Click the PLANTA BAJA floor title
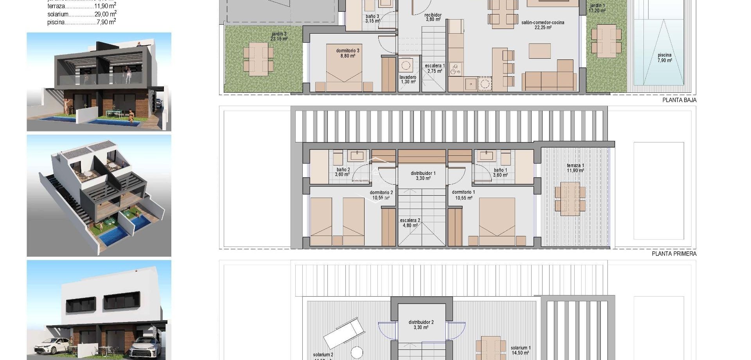coord(679,100)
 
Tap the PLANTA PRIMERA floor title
coord(674,254)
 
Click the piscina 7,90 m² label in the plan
coord(665,58)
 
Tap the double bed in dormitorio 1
coord(497,221)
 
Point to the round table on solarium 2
coord(356,352)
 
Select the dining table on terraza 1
coord(570,198)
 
